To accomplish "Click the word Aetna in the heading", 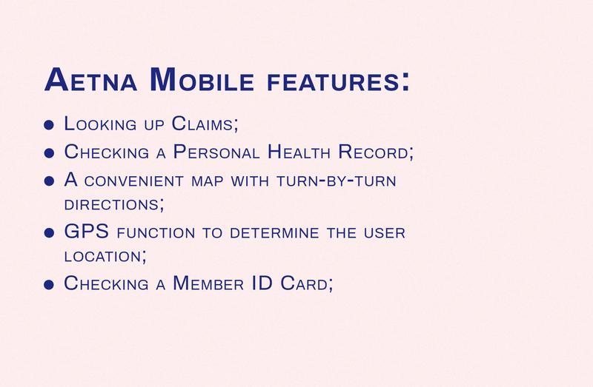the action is (x=90, y=79).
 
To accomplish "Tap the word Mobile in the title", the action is (x=202, y=79).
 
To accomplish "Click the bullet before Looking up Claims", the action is (x=49, y=125).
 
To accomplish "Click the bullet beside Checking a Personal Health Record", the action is (x=49, y=153).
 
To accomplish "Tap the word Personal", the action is (x=216, y=152).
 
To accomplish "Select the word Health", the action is (x=299, y=152).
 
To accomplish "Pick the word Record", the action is (x=373, y=152).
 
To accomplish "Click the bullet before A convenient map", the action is (x=49, y=181).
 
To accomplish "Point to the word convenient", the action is (x=134, y=181).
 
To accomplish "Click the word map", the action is (x=208, y=181).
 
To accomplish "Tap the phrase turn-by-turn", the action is (x=337, y=181).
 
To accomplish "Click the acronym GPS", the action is (x=86, y=231).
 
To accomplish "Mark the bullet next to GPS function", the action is (x=49, y=232).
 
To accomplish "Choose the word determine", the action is (x=274, y=232).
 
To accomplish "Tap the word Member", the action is (x=208, y=283).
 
